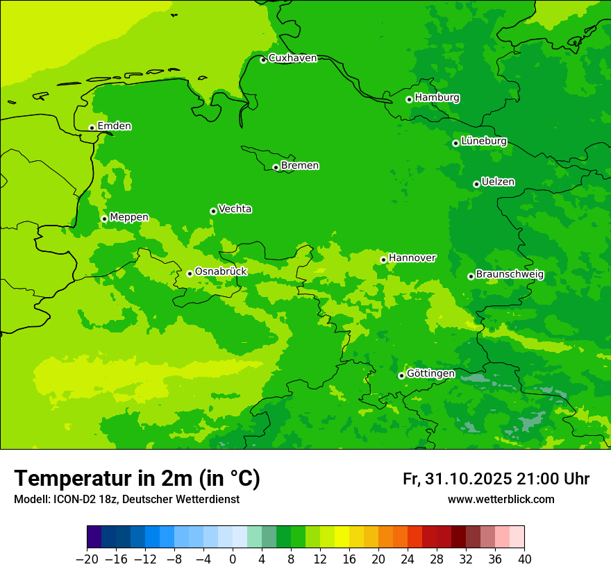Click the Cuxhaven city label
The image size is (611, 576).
coord(292,58)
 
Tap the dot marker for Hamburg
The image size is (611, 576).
coord(409,99)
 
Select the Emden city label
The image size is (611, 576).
coord(114,126)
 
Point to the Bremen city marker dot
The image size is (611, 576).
coord(276,167)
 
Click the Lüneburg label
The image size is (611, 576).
coord(483,141)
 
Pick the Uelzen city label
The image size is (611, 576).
coord(498,182)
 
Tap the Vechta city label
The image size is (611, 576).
coord(235,209)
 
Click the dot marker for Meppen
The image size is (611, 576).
coord(104,219)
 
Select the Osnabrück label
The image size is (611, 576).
coord(221,271)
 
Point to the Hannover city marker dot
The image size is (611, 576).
coord(383,260)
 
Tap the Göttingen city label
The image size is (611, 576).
coord(430,373)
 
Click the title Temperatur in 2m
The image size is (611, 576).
coord(137,478)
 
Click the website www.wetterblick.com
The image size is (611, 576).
coord(501,499)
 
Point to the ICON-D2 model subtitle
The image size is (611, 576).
coord(126,500)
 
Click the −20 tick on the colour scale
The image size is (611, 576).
coord(87,559)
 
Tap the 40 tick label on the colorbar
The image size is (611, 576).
coord(524,559)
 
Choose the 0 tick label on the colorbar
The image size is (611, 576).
coord(233,559)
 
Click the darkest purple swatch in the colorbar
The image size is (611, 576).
coord(94,537)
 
